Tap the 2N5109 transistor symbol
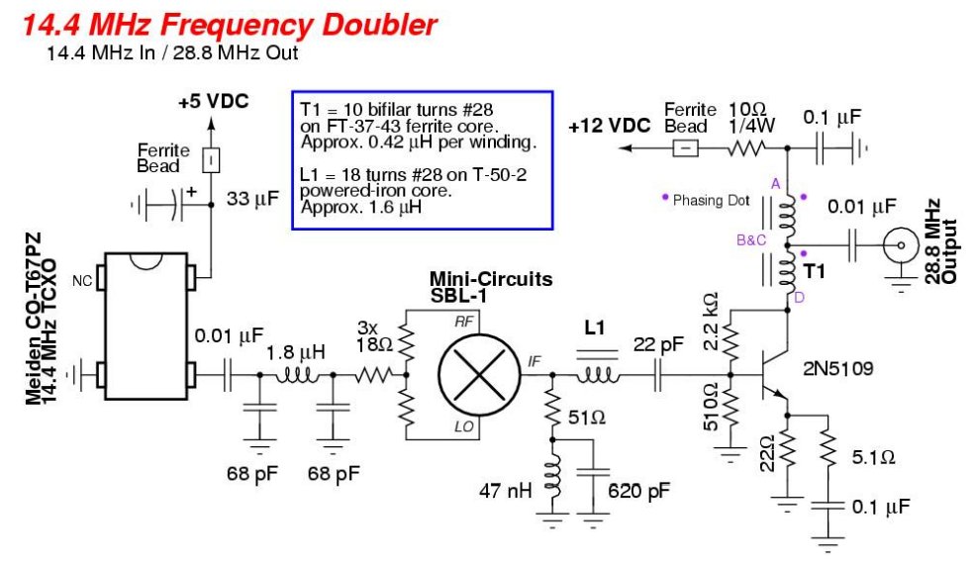[775, 375]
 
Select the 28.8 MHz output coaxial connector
[901, 245]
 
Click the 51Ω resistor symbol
[552, 408]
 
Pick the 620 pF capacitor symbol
[593, 475]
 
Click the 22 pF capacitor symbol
[659, 375]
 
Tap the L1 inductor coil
[598, 374]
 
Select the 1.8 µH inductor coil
[296, 374]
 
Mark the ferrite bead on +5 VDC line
[211, 160]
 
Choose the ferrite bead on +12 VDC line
[686, 148]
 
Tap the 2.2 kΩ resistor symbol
[730, 342]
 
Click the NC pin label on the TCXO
[82, 281]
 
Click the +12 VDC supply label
[610, 126]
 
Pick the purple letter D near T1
[799, 298]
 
